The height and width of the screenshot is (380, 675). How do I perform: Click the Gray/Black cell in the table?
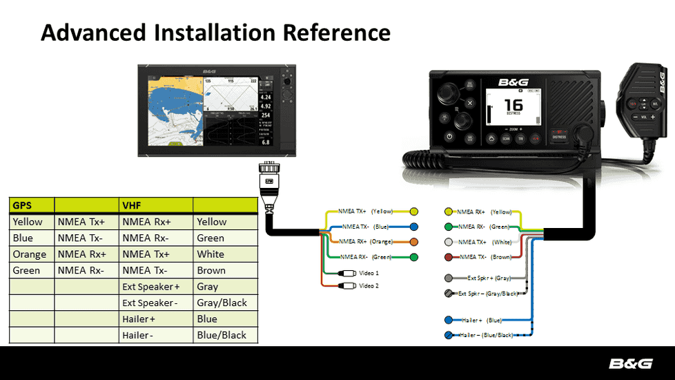[x=222, y=303]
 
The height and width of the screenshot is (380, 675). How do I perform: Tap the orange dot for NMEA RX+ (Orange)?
[x=414, y=242]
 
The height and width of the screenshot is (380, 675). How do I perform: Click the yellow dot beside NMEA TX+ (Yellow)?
[x=414, y=211]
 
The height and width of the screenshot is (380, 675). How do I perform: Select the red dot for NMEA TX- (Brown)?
[x=448, y=257]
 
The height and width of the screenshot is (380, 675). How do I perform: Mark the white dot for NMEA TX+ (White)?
[x=448, y=242]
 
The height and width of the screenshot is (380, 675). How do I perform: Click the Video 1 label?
[x=369, y=273]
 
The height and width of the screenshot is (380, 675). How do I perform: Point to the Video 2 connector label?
[x=369, y=285]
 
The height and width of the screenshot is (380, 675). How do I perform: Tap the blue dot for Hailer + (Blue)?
[x=448, y=320]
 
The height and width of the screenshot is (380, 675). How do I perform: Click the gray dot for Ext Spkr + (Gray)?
[x=448, y=278]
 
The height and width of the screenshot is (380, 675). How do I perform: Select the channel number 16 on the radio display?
[x=513, y=106]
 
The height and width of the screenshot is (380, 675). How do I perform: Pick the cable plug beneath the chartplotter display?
[x=268, y=176]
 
